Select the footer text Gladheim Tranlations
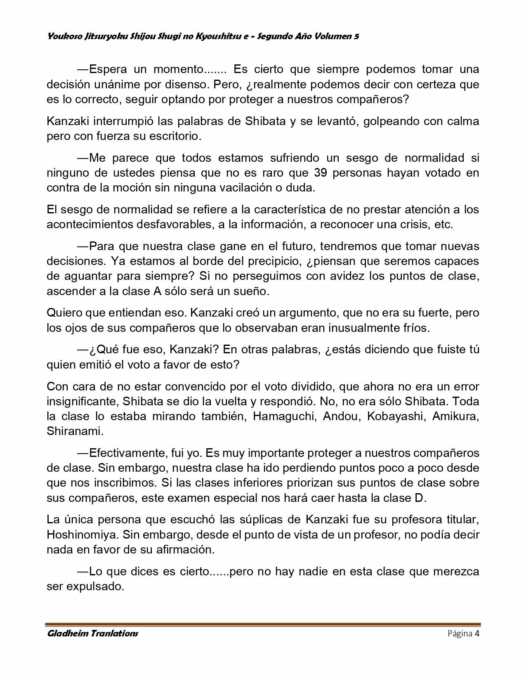click(x=92, y=633)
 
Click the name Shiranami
click(x=75, y=431)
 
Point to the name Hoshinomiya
click(x=84, y=535)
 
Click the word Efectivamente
click(x=127, y=453)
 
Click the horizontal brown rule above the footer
click(x=263, y=624)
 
